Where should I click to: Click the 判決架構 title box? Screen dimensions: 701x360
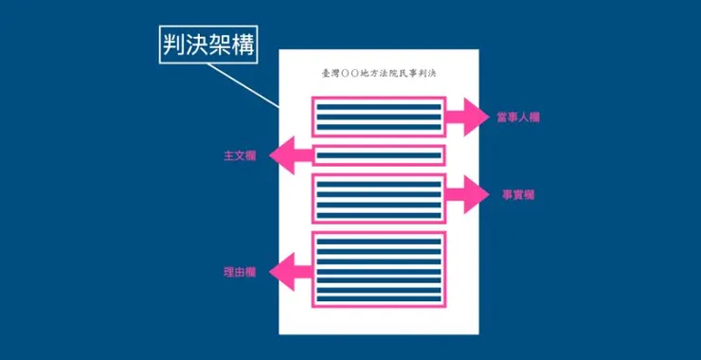point(208,45)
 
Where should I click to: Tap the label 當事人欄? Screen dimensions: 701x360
point(518,117)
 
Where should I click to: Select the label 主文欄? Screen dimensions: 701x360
point(240,155)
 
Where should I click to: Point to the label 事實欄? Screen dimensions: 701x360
point(518,195)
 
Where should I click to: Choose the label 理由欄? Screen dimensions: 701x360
point(240,272)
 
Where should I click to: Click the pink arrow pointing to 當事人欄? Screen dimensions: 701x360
point(467,117)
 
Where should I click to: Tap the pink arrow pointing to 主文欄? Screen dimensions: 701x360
point(291,155)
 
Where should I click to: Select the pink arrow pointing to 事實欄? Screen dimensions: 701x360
point(467,194)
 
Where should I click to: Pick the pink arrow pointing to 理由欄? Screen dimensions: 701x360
point(291,272)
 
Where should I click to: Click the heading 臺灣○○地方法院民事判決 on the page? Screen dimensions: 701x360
point(379,74)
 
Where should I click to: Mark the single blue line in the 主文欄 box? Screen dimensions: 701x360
point(379,155)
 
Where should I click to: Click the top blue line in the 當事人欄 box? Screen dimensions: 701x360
point(379,107)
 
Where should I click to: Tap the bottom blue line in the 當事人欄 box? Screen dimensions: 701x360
point(379,127)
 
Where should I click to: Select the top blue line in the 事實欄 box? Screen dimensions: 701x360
point(379,184)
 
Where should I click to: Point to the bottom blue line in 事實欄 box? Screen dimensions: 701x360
point(379,216)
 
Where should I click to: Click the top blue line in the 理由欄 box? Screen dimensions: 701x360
point(379,242)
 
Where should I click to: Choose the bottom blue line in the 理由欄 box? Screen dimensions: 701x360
point(379,298)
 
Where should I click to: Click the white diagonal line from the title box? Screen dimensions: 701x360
point(243,85)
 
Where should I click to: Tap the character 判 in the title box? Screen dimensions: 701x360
point(174,45)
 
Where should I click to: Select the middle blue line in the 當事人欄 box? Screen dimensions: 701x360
point(379,117)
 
